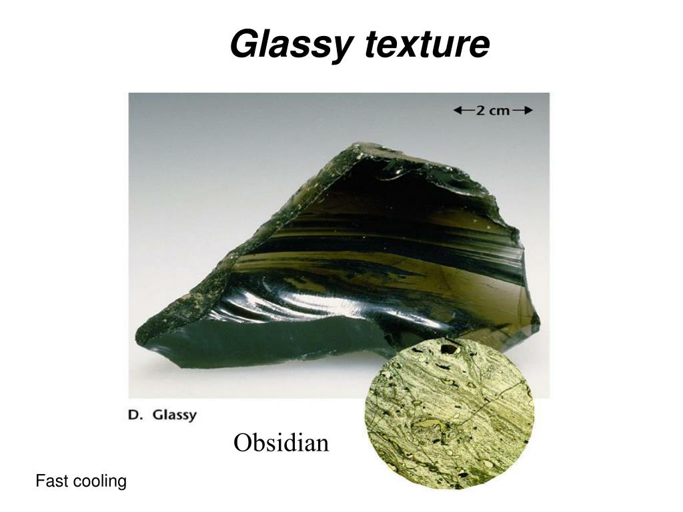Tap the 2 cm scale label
tap(492, 111)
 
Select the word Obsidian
tap(281, 442)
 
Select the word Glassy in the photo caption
tap(175, 415)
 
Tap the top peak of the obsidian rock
tap(360, 145)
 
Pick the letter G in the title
tap(241, 45)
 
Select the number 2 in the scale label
tap(480, 111)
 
